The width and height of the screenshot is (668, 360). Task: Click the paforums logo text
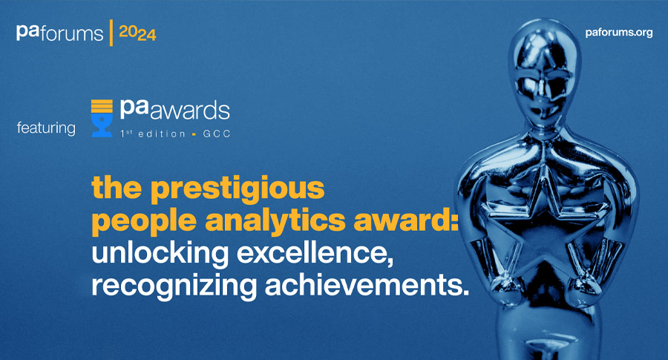59,33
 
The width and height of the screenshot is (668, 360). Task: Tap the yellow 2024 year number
137,33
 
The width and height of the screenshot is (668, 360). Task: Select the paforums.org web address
618,33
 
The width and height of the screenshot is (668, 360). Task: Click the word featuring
46,128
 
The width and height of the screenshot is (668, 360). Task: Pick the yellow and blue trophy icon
102,119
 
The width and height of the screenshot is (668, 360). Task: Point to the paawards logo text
174,110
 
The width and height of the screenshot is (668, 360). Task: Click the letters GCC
217,134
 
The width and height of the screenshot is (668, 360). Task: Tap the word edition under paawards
162,134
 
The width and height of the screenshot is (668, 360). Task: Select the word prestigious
238,188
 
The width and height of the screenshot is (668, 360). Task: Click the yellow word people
144,221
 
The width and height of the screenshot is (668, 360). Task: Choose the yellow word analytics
278,221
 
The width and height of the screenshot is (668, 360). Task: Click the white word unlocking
160,254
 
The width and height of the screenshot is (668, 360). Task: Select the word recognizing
174,287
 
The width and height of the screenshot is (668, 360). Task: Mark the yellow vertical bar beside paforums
111,33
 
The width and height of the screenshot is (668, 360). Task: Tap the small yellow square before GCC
194,134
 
